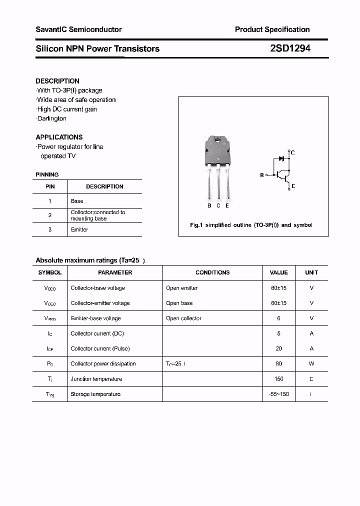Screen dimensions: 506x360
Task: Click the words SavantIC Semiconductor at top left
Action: tap(78, 29)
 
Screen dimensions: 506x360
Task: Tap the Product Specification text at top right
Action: tap(272, 29)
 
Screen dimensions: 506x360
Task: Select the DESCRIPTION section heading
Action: tap(57, 81)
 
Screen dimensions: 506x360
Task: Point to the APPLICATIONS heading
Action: tap(59, 137)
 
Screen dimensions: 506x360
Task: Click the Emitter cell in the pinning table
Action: tap(79, 229)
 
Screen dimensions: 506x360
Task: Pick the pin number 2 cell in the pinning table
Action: tap(50, 215)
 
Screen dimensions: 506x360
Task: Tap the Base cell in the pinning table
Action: tap(77, 201)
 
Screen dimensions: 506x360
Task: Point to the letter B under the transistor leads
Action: tap(209, 205)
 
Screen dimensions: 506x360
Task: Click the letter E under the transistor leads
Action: tap(227, 205)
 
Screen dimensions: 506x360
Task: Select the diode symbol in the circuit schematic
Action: tap(281, 158)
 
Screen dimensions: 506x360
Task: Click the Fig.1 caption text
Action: tap(251, 225)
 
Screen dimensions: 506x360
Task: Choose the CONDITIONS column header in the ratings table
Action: tap(212, 272)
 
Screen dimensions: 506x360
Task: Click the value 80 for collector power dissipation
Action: tap(278, 363)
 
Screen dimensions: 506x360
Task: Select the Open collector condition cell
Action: tap(183, 318)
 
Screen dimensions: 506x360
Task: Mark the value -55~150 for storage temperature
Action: tap(278, 394)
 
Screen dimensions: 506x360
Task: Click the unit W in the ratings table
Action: tap(311, 363)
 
